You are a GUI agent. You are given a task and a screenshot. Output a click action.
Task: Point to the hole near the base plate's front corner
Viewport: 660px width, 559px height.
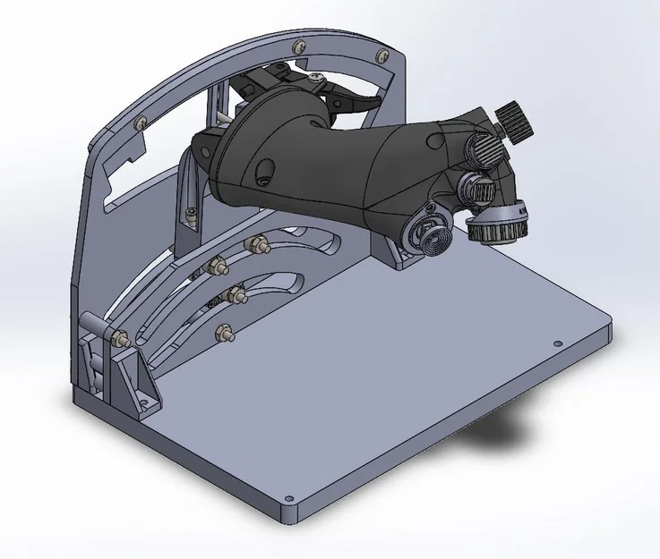(287, 498)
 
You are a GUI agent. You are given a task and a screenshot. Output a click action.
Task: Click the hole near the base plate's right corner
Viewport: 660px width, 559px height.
(557, 343)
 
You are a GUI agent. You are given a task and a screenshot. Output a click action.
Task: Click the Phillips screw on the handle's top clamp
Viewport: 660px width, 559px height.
(313, 82)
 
